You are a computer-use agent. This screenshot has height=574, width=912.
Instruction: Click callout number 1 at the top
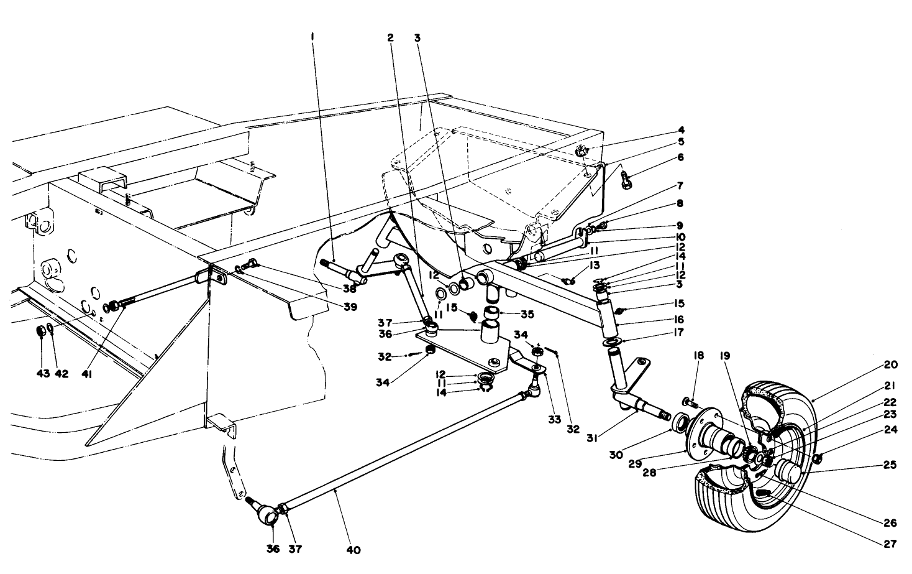(312, 37)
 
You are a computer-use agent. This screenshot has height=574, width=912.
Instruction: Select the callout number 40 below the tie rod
(354, 550)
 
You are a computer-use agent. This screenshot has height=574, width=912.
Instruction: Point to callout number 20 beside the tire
(890, 365)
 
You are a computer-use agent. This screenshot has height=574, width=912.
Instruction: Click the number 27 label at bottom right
(890, 544)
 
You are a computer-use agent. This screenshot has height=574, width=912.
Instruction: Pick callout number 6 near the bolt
(680, 158)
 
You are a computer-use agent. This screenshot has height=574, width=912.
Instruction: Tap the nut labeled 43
(39, 330)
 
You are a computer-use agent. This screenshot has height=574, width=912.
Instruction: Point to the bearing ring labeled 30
(680, 424)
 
